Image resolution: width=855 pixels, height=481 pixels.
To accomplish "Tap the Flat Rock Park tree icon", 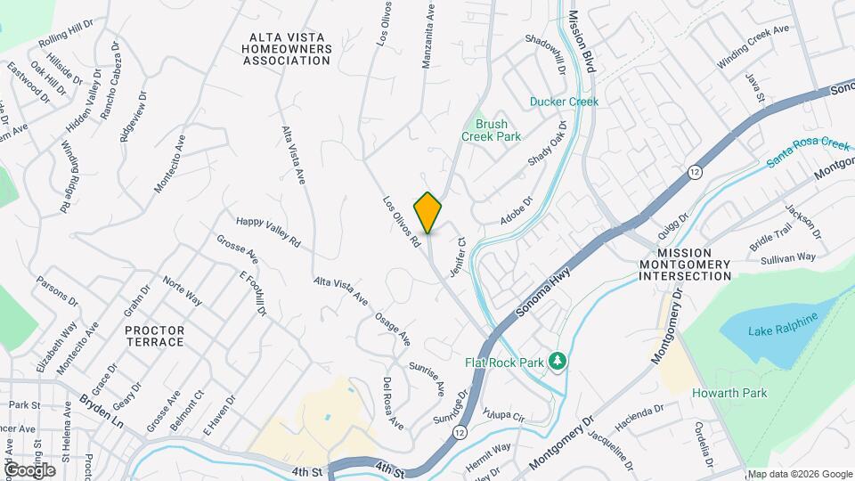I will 558,361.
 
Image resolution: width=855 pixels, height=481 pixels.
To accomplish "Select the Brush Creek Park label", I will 491,131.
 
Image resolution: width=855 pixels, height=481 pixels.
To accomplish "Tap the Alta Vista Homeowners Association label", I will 287,48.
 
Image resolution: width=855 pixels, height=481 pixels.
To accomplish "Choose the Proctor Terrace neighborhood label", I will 155,336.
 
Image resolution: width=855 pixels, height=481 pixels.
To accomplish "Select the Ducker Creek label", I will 564,102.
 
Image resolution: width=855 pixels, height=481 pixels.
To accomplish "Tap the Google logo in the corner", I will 29,469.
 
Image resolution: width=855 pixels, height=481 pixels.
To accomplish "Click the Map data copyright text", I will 799,474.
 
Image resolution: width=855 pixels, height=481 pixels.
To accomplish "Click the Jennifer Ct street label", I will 459,255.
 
